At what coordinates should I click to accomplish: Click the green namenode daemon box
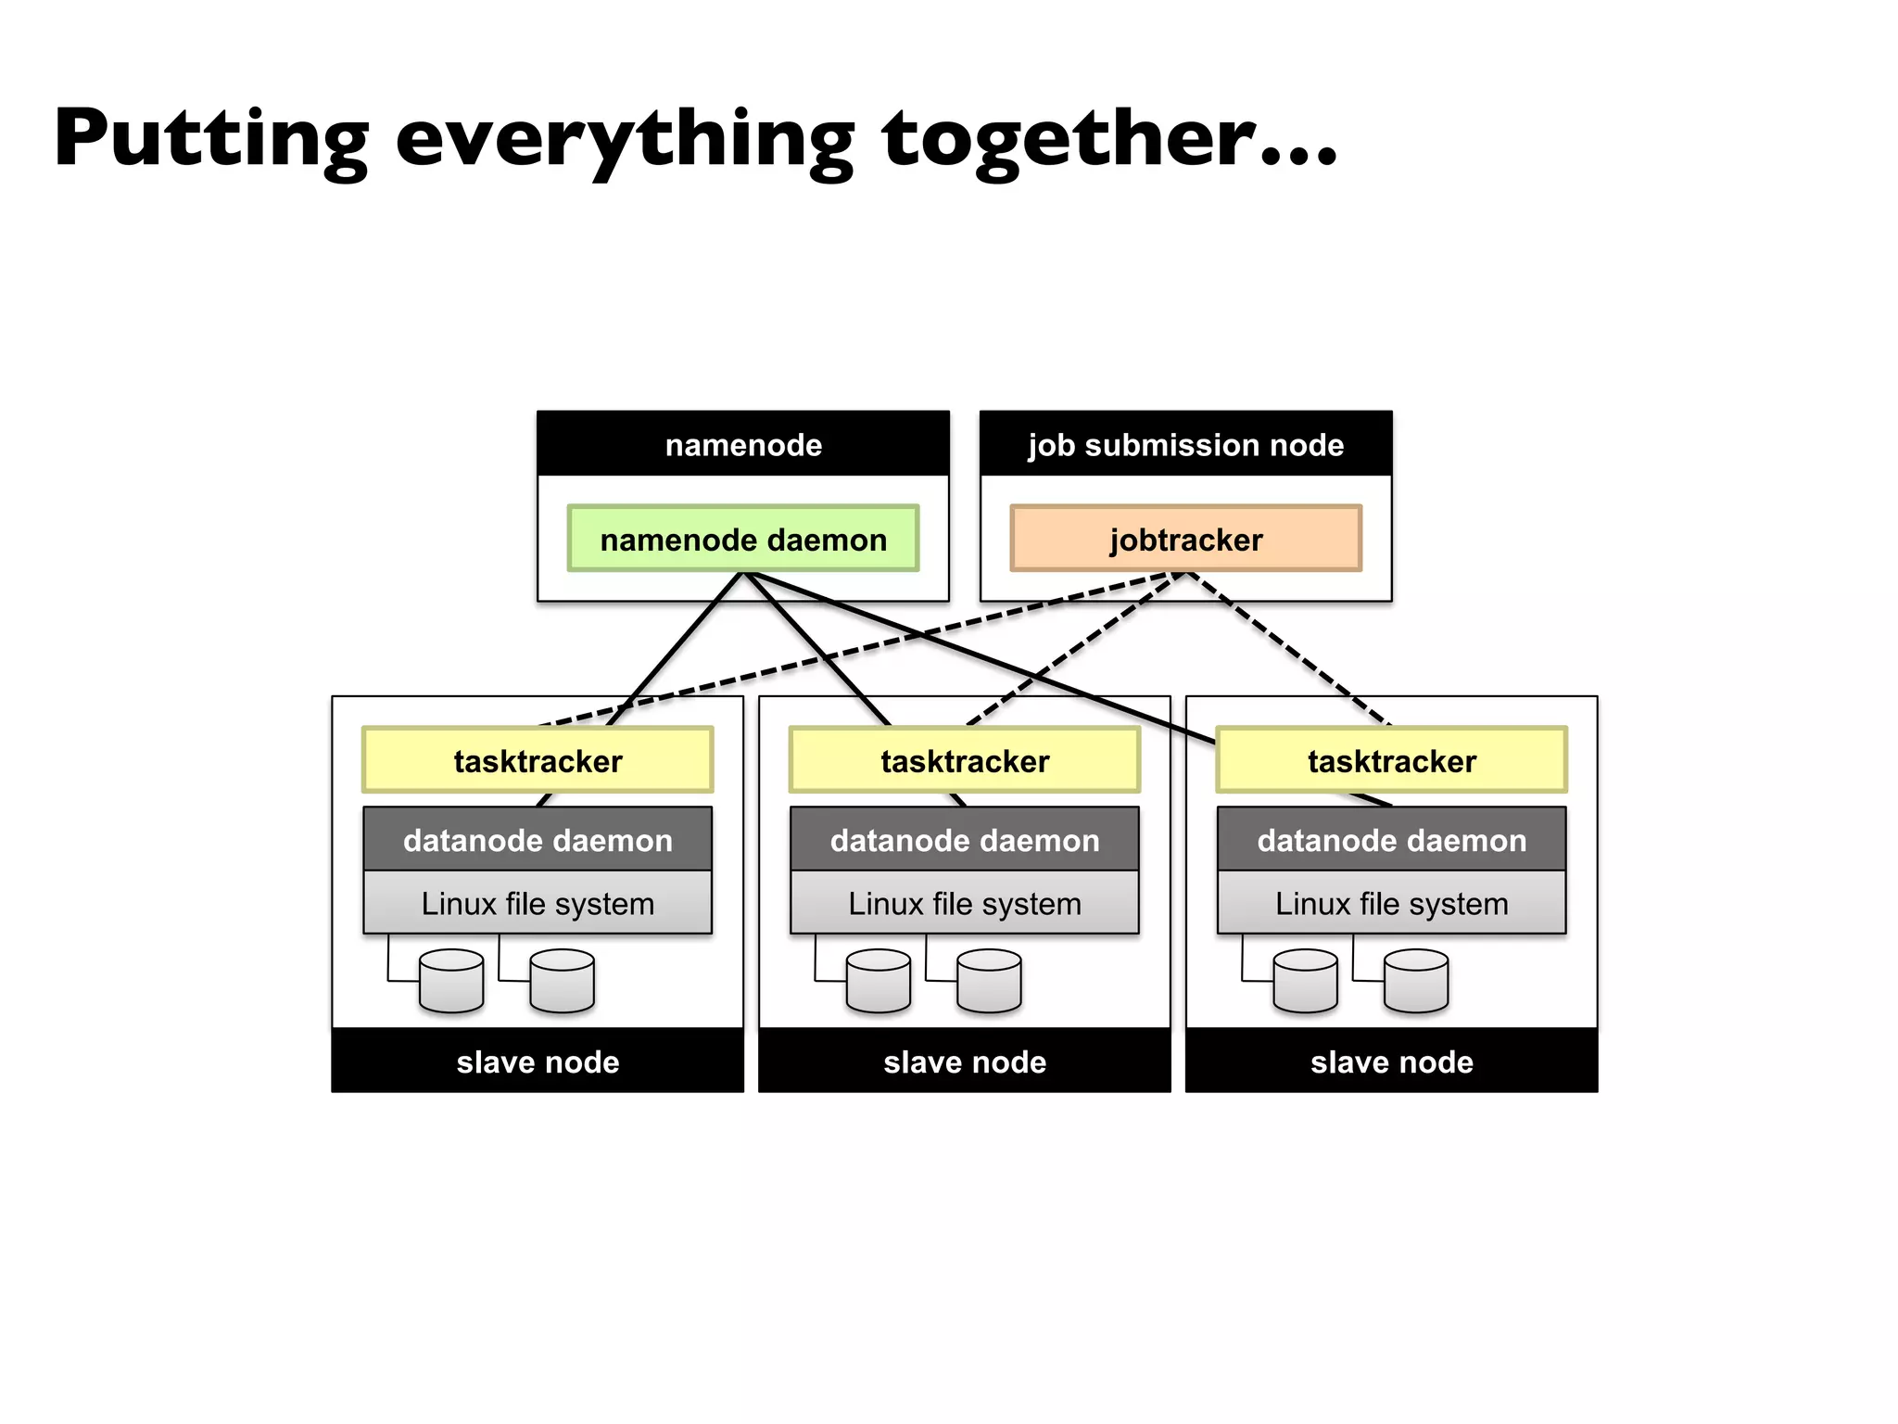[742, 539]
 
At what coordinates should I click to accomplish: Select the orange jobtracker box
[1185, 539]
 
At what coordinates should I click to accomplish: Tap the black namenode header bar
[742, 444]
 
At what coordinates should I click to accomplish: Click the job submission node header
[1185, 444]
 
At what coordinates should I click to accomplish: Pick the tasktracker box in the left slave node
[538, 760]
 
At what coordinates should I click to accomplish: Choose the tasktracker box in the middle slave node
[964, 760]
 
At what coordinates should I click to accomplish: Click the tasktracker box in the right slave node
[1391, 760]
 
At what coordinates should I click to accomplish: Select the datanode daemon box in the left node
[538, 839]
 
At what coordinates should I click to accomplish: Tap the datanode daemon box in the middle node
[964, 839]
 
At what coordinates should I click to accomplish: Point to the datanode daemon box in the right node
[1391, 839]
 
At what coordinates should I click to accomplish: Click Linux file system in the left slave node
[538, 903]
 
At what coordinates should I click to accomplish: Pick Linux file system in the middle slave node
[964, 903]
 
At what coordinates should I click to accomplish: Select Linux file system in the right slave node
[1391, 903]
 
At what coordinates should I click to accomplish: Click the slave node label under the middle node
[964, 1062]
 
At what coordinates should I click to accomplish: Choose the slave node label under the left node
[538, 1062]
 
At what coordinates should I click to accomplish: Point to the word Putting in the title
[211, 139]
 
